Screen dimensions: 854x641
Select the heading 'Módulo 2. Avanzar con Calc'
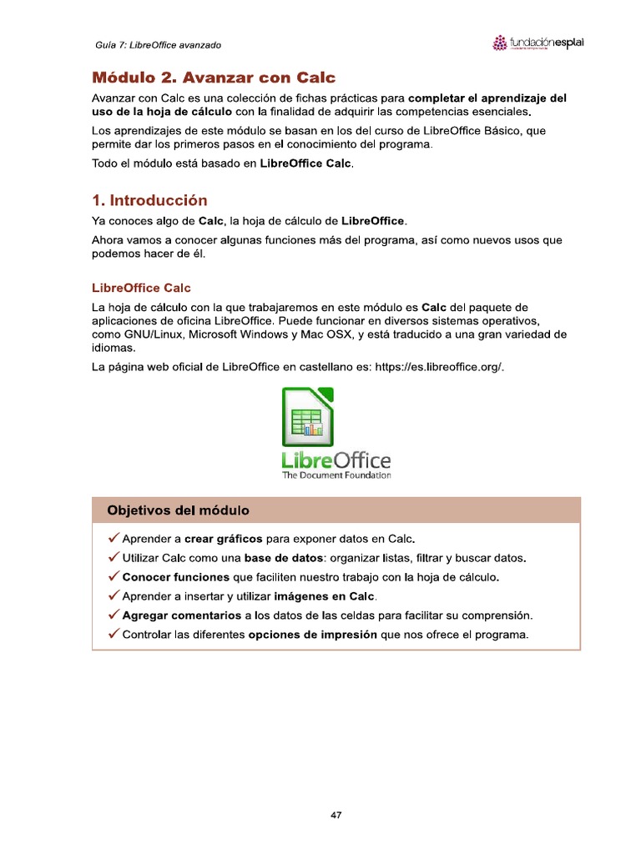(x=213, y=78)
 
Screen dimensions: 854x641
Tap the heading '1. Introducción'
(x=149, y=201)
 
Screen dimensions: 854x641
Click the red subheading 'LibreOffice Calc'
(x=141, y=288)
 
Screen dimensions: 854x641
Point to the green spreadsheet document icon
(x=308, y=414)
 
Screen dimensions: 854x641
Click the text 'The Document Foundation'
(x=336, y=475)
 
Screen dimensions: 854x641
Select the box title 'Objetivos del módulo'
(x=178, y=510)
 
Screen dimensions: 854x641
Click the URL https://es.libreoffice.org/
(x=438, y=367)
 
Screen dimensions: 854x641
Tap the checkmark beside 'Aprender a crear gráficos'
(x=114, y=538)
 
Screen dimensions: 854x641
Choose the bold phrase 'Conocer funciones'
(x=175, y=576)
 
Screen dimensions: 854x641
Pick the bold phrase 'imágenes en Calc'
(x=325, y=596)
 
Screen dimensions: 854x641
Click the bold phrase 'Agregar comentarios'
(x=181, y=615)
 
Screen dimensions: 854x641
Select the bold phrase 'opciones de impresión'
(x=313, y=635)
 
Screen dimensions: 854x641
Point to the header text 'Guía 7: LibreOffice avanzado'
(x=158, y=44)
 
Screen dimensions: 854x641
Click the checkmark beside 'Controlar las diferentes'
(x=114, y=635)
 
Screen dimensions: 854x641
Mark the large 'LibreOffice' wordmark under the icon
(x=336, y=459)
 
